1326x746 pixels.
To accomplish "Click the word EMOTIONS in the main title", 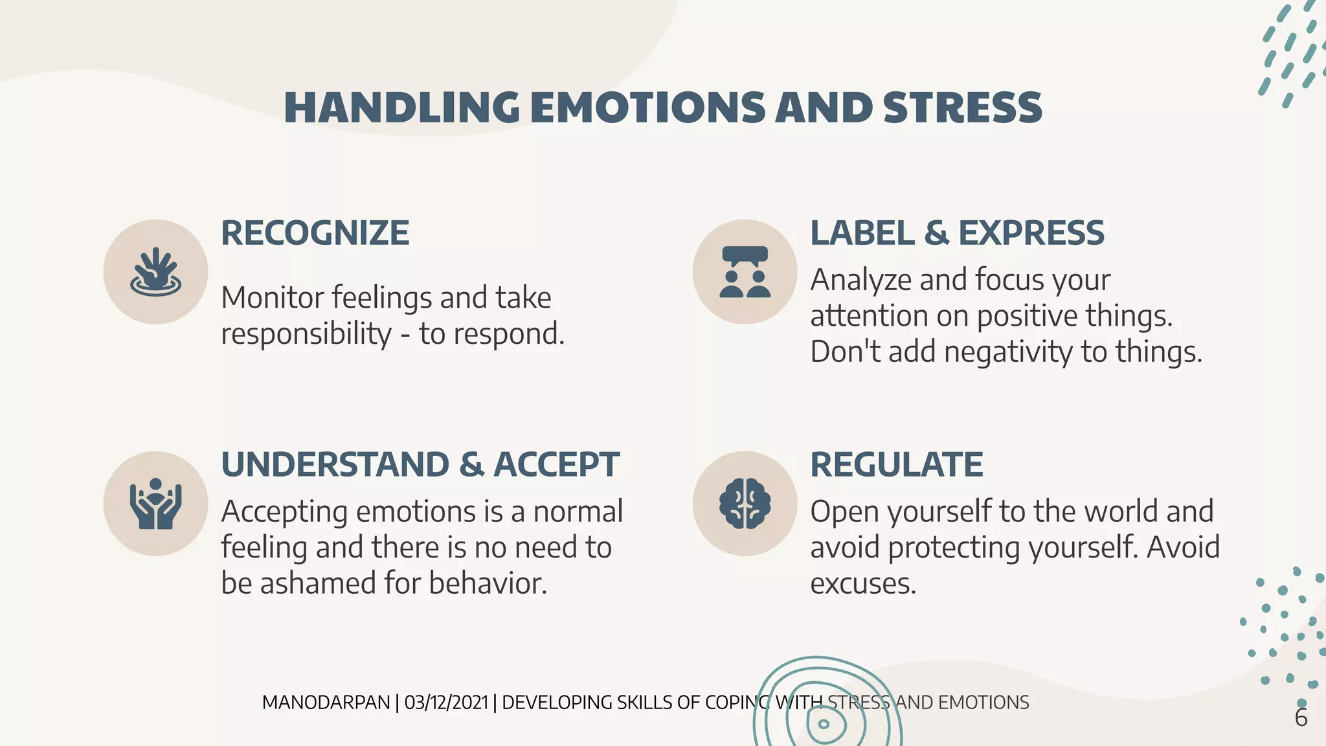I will (647, 107).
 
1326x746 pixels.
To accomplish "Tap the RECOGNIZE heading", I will (315, 233).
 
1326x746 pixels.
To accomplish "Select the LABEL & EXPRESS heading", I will (957, 233).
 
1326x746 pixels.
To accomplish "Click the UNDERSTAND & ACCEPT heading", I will (420, 465).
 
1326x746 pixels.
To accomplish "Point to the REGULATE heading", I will (897, 465).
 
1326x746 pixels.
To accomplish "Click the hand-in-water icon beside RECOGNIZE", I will (155, 272).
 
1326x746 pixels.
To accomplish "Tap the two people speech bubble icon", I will (745, 272).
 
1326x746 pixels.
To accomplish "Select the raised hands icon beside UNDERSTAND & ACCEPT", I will (155, 504).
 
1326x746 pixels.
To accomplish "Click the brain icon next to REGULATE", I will (745, 504).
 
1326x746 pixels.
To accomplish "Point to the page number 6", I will (1301, 718).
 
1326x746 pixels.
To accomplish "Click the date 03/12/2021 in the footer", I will (446, 703).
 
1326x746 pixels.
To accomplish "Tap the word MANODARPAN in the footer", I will (326, 703).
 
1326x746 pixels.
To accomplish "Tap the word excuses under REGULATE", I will (863, 584).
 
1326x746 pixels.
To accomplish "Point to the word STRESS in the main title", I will (962, 107).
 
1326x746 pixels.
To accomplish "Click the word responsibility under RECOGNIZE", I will (306, 335).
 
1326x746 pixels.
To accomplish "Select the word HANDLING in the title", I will (401, 107).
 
